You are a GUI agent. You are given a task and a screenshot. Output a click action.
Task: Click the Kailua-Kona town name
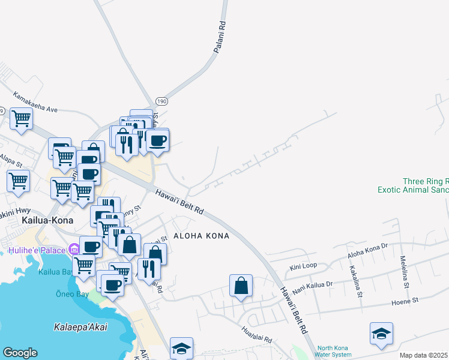tap(47, 220)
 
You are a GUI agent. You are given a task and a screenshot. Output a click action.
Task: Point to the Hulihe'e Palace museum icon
tap(74, 249)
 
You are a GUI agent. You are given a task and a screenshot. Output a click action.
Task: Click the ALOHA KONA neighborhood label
tap(201, 236)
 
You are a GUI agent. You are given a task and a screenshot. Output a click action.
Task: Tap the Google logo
tap(20, 353)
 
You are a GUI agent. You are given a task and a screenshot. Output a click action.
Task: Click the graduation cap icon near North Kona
tap(381, 334)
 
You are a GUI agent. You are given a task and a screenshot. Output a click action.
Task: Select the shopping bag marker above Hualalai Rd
tap(241, 286)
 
